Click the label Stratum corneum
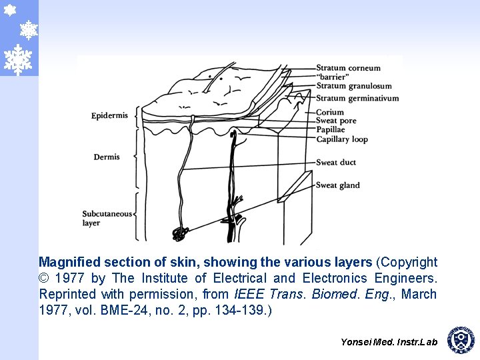tap(348, 68)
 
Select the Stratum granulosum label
tap(353, 86)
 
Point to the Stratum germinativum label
tap(357, 99)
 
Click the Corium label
tap(330, 112)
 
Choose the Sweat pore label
tap(336, 121)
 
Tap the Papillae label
tap(331, 130)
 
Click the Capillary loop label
tap(342, 139)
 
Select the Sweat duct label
tap(336, 162)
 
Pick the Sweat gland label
tap(337, 185)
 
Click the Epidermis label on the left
tap(109, 116)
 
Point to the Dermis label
tap(107, 157)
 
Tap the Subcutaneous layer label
tap(107, 218)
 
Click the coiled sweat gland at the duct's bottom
tap(179, 234)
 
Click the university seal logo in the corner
tap(460, 340)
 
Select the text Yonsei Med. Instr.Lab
tap(389, 342)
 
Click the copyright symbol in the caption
tap(44, 278)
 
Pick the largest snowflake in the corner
tap(18, 59)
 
